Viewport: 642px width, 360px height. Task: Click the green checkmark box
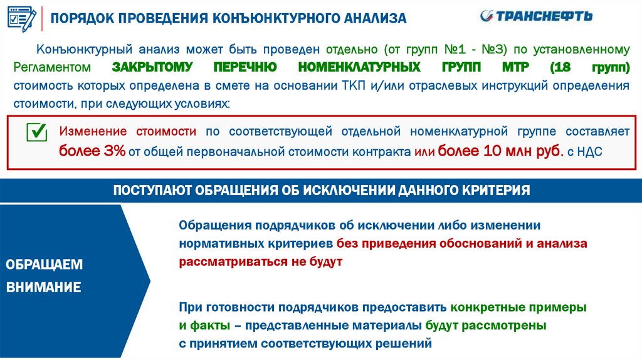[37, 132]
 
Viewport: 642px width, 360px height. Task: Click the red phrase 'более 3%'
[93, 151]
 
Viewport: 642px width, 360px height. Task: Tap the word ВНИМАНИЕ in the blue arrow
[43, 288]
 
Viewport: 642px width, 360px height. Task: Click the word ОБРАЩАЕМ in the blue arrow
[44, 264]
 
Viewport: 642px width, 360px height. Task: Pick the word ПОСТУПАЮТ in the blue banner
[150, 190]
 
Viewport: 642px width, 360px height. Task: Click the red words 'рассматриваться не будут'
[261, 262]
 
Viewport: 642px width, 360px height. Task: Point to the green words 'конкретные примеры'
[518, 308]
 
